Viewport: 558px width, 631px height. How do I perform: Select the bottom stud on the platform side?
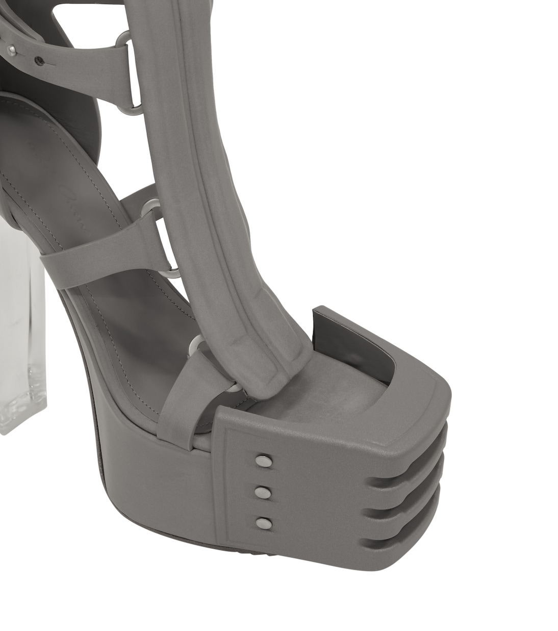[x=263, y=522]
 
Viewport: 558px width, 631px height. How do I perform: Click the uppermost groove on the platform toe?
[x=408, y=481]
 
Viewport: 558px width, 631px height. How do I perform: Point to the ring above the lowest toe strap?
[x=195, y=347]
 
